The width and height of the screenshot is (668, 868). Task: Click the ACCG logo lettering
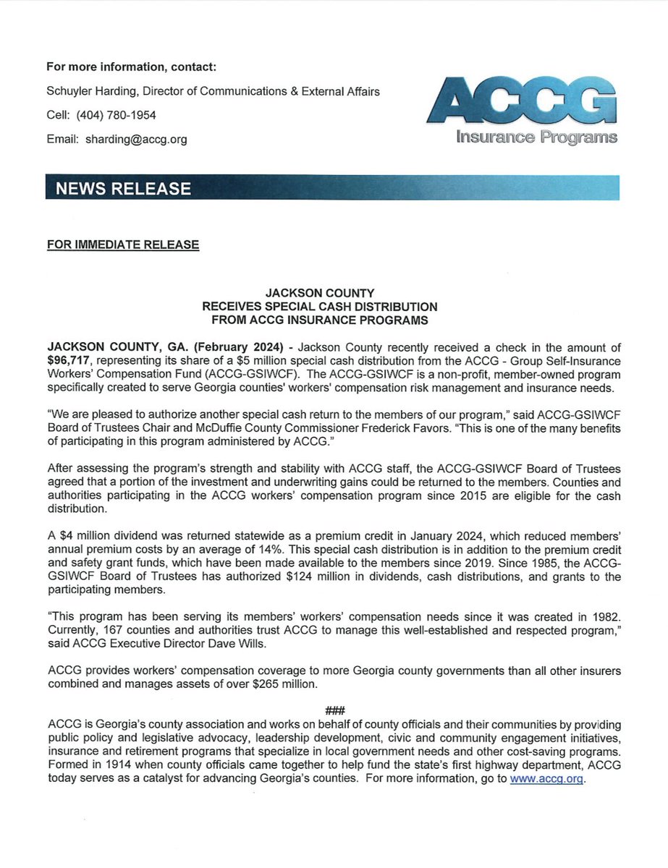[x=523, y=101]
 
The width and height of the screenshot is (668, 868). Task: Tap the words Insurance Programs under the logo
[x=537, y=137]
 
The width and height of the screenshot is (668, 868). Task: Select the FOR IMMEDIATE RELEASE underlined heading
[x=122, y=244]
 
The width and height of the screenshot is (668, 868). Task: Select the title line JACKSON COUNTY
[x=319, y=293]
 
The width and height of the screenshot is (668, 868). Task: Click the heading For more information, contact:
[x=131, y=67]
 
